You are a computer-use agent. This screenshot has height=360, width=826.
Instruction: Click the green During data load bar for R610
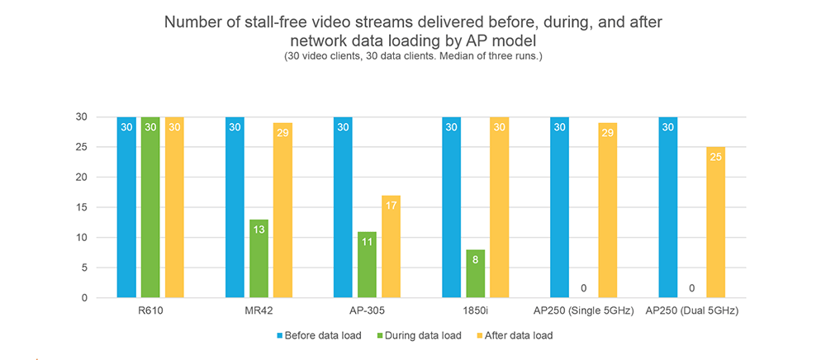pyautogui.click(x=150, y=206)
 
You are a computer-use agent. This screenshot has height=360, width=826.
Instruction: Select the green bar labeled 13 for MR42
pyautogui.click(x=259, y=258)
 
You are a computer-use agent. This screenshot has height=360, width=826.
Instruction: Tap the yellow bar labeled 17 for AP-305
pyautogui.click(x=391, y=246)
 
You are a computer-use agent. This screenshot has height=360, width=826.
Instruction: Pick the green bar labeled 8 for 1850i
pyautogui.click(x=475, y=273)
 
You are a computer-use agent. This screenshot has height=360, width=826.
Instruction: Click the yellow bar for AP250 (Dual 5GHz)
pyautogui.click(x=715, y=222)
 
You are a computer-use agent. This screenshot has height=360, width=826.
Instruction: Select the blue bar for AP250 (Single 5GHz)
pyautogui.click(x=559, y=206)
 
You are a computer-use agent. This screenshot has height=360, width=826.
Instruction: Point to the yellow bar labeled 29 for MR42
pyautogui.click(x=282, y=210)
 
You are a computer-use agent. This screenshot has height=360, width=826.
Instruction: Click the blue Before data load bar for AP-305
pyautogui.click(x=343, y=206)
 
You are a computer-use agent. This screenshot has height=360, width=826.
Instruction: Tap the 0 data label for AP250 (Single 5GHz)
pyautogui.click(x=583, y=288)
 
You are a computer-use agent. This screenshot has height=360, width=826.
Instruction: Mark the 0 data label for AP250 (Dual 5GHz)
pyautogui.click(x=691, y=288)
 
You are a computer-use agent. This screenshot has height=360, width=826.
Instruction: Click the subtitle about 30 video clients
pyautogui.click(x=413, y=56)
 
